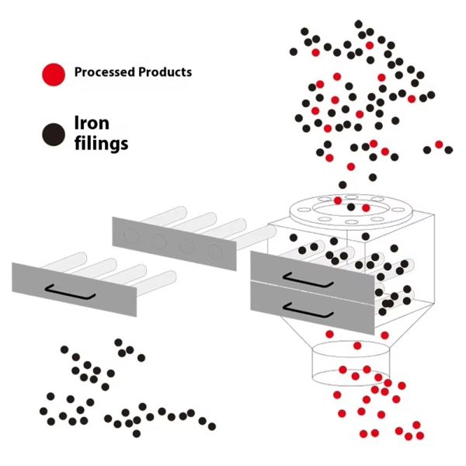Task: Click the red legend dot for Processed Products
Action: click(52, 74)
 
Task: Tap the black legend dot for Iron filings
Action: click(52, 134)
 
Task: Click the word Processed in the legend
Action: click(103, 72)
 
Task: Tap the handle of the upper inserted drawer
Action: click(297, 274)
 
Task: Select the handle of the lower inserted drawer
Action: click(297, 307)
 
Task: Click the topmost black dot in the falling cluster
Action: click(358, 24)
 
